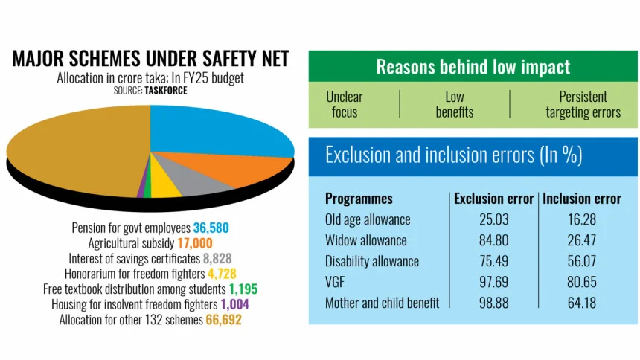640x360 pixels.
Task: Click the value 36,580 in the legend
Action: click(x=214, y=228)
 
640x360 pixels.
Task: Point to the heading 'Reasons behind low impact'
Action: click(x=473, y=67)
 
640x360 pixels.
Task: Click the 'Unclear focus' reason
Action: click(x=344, y=104)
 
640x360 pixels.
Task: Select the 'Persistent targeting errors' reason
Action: click(x=583, y=104)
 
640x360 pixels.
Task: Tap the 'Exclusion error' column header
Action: click(x=493, y=199)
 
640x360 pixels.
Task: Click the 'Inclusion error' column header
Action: click(x=581, y=199)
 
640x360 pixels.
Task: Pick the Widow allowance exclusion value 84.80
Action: click(x=494, y=240)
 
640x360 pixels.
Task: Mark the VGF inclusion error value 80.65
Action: click(x=581, y=282)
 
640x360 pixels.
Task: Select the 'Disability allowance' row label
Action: click(x=371, y=261)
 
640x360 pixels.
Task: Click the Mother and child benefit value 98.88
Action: click(x=494, y=303)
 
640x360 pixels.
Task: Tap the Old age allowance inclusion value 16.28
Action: click(x=581, y=219)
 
